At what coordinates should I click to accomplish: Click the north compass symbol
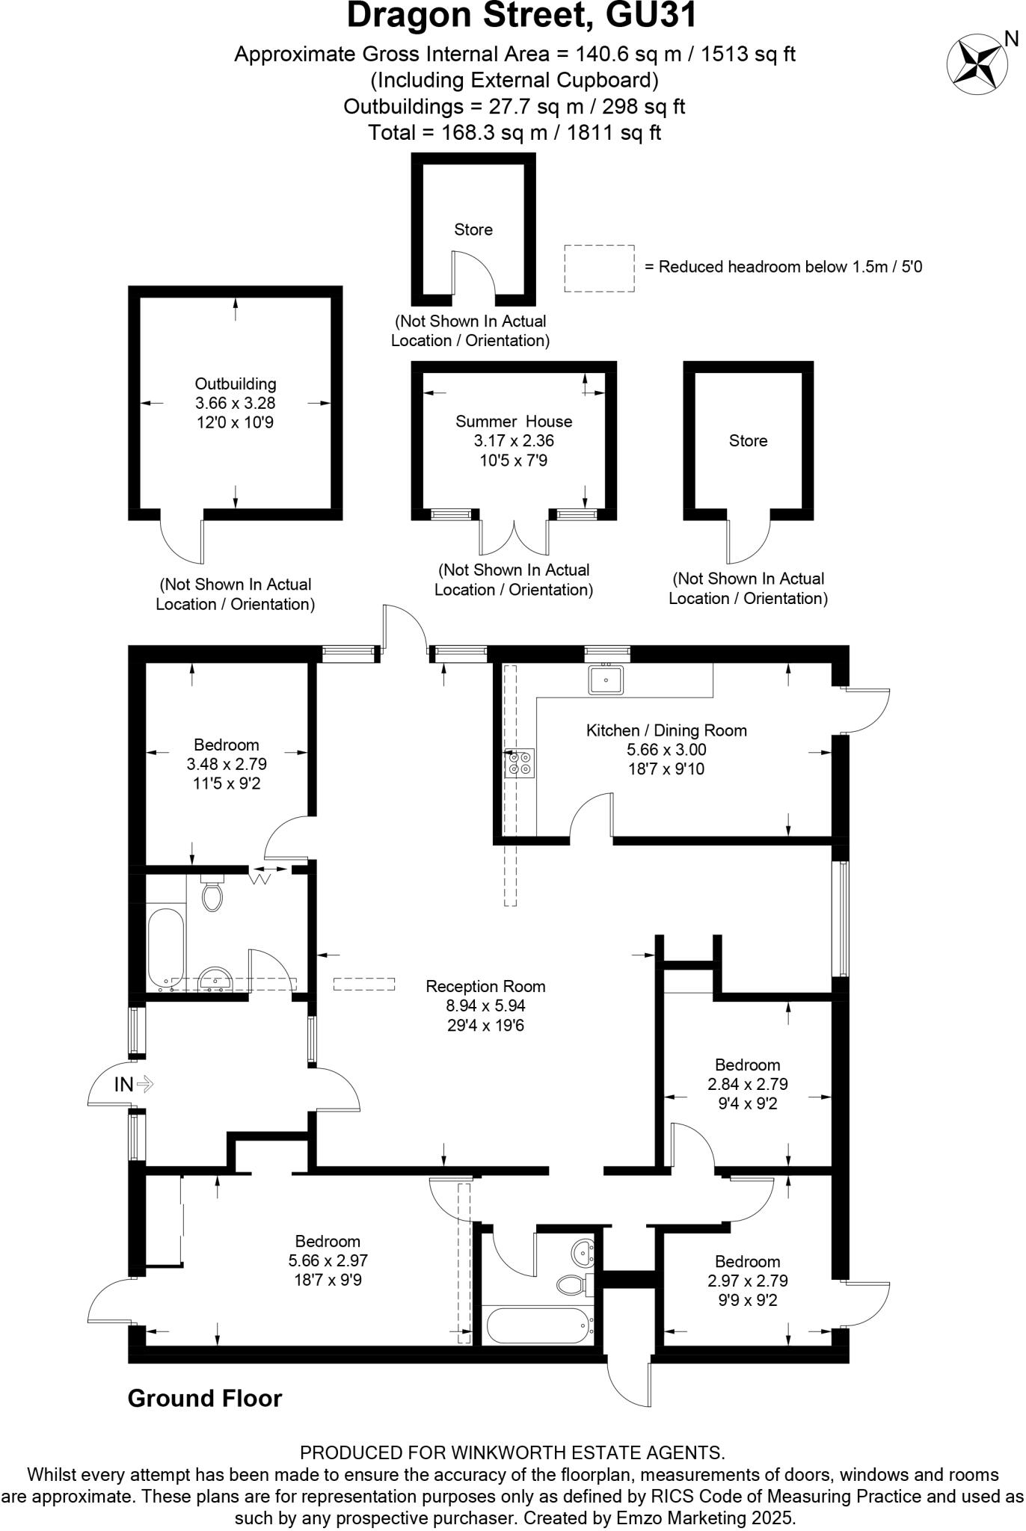(x=975, y=64)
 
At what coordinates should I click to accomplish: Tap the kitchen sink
(x=606, y=680)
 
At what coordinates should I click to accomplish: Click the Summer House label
(x=514, y=422)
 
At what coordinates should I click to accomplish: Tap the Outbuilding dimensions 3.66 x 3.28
(x=236, y=403)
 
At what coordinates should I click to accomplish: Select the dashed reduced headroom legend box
(x=599, y=268)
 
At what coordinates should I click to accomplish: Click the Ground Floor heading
(x=205, y=1398)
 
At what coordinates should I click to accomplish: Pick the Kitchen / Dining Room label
(x=666, y=730)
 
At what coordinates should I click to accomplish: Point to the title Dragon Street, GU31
(x=521, y=16)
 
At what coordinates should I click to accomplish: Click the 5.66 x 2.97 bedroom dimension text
(x=328, y=1260)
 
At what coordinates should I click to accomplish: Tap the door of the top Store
(x=473, y=274)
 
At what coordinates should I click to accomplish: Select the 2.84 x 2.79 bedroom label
(x=747, y=1084)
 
